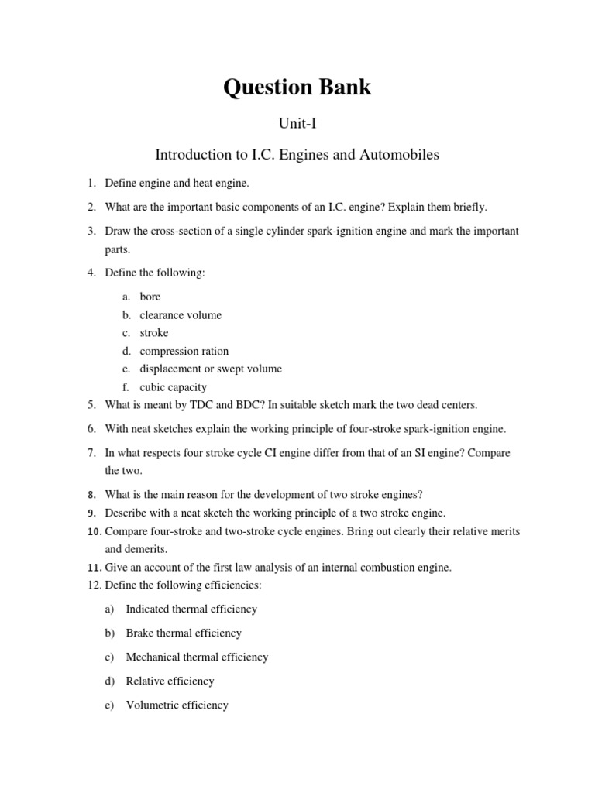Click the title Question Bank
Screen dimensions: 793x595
297,88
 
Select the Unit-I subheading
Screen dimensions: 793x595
297,122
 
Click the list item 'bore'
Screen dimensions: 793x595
150,297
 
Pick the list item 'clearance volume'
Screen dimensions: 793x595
181,315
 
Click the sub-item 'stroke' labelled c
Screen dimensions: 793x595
154,333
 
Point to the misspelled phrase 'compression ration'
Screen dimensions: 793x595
184,351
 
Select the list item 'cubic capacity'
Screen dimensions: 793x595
174,387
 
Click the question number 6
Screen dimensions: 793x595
91,428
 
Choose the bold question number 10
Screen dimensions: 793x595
94,531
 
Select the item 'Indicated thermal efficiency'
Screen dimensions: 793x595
191,609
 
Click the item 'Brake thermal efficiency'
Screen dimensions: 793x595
184,633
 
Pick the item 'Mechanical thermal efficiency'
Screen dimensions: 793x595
197,657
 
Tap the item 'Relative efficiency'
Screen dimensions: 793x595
170,681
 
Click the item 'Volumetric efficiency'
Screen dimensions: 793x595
177,705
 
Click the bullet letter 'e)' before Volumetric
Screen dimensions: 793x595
109,705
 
